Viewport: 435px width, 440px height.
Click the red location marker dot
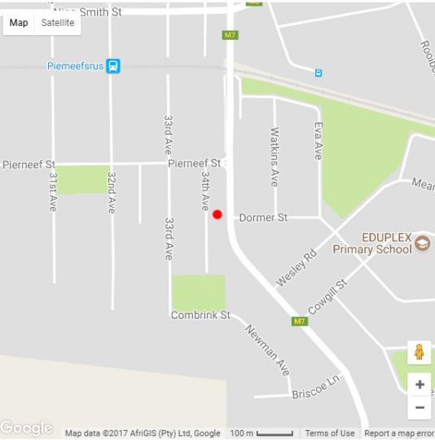217,215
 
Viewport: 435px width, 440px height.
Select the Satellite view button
58,23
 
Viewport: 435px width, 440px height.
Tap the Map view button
19,23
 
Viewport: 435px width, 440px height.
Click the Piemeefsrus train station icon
114,66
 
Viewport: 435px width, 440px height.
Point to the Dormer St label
263,218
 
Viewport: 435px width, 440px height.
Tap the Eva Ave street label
319,139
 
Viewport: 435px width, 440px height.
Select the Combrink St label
200,315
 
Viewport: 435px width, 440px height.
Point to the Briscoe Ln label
314,390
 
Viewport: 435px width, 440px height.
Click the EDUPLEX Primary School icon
422,243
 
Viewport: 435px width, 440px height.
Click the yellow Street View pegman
419,353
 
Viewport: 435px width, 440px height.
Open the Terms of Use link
330,433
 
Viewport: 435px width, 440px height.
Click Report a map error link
398,433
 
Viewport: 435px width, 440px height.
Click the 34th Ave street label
206,191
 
